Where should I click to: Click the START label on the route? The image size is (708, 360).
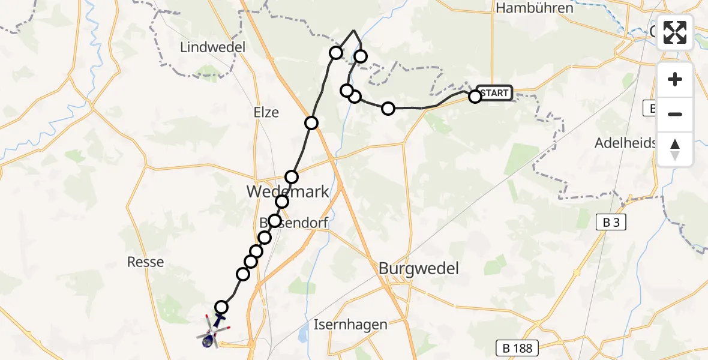click(495, 93)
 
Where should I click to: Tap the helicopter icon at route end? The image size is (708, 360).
click(212, 332)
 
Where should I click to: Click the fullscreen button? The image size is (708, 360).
click(675, 32)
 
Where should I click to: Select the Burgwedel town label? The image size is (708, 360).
click(419, 268)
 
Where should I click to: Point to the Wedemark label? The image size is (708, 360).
click(289, 191)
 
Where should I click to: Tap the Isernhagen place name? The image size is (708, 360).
click(350, 325)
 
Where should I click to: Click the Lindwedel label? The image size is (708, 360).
click(207, 47)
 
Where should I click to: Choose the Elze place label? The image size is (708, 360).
click(266, 112)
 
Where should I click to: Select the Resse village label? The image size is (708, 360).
click(146, 262)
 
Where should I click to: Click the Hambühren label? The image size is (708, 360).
click(535, 8)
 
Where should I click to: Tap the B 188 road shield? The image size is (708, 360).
click(518, 347)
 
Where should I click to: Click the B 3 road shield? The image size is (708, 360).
click(611, 223)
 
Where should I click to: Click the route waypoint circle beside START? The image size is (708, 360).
click(475, 96)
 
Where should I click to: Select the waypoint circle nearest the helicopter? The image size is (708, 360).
click(221, 307)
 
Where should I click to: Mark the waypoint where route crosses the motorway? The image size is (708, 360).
click(311, 123)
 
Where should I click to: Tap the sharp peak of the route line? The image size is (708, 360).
click(354, 31)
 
